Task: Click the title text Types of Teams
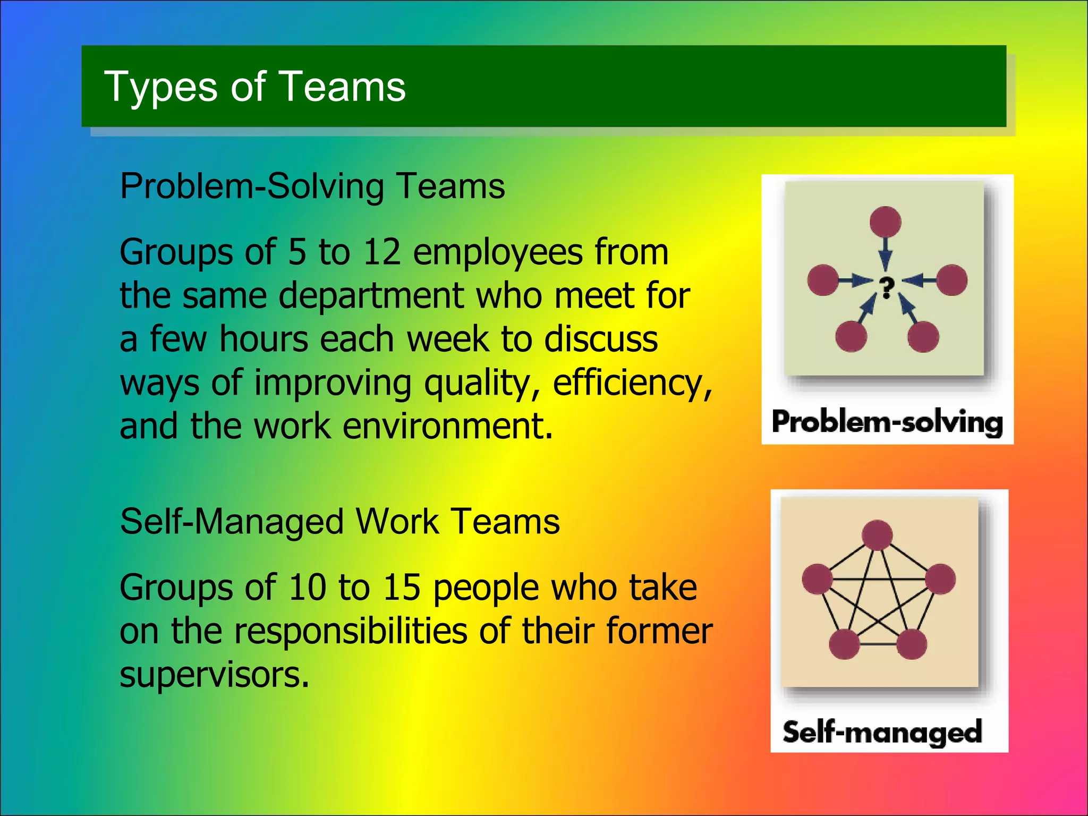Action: [x=254, y=87]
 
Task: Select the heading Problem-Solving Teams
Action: [x=312, y=186]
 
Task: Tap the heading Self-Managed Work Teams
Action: [x=340, y=521]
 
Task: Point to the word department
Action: [x=371, y=296]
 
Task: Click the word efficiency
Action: [x=632, y=383]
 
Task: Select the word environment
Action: [x=447, y=427]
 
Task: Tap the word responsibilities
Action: [x=351, y=631]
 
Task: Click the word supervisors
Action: [x=214, y=675]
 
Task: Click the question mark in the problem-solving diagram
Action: [x=886, y=287]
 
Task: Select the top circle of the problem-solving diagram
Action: [x=885, y=222]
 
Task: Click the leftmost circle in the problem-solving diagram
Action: [x=823, y=280]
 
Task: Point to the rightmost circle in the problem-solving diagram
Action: [x=951, y=280]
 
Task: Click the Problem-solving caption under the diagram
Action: [x=887, y=422]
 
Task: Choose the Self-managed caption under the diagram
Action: [x=882, y=732]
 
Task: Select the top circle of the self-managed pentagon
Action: [x=877, y=535]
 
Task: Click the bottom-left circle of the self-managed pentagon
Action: [x=844, y=644]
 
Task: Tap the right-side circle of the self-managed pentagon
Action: [x=940, y=579]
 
